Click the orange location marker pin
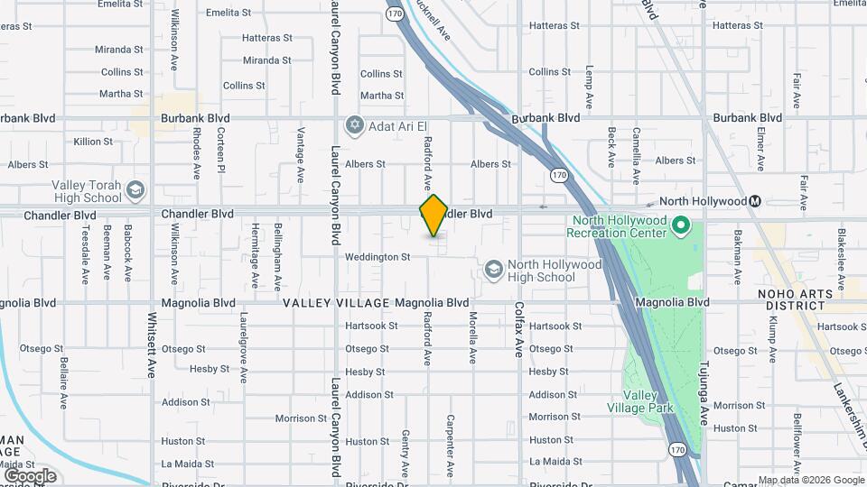[x=433, y=216]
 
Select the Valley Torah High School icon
[x=135, y=190]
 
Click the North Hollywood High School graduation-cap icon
[x=493, y=269]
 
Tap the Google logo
[x=30, y=475]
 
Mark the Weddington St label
[x=378, y=257]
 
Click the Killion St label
[x=93, y=142]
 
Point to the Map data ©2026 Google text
[x=810, y=480]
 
